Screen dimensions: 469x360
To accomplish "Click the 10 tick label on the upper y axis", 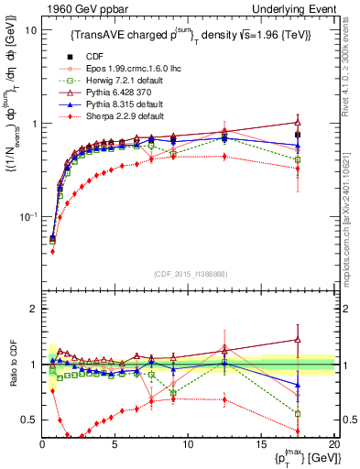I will [x=30, y=30].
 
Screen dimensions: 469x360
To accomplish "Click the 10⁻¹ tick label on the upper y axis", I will [x=27, y=217].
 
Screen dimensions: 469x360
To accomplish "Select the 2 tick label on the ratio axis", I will [x=33, y=309].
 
